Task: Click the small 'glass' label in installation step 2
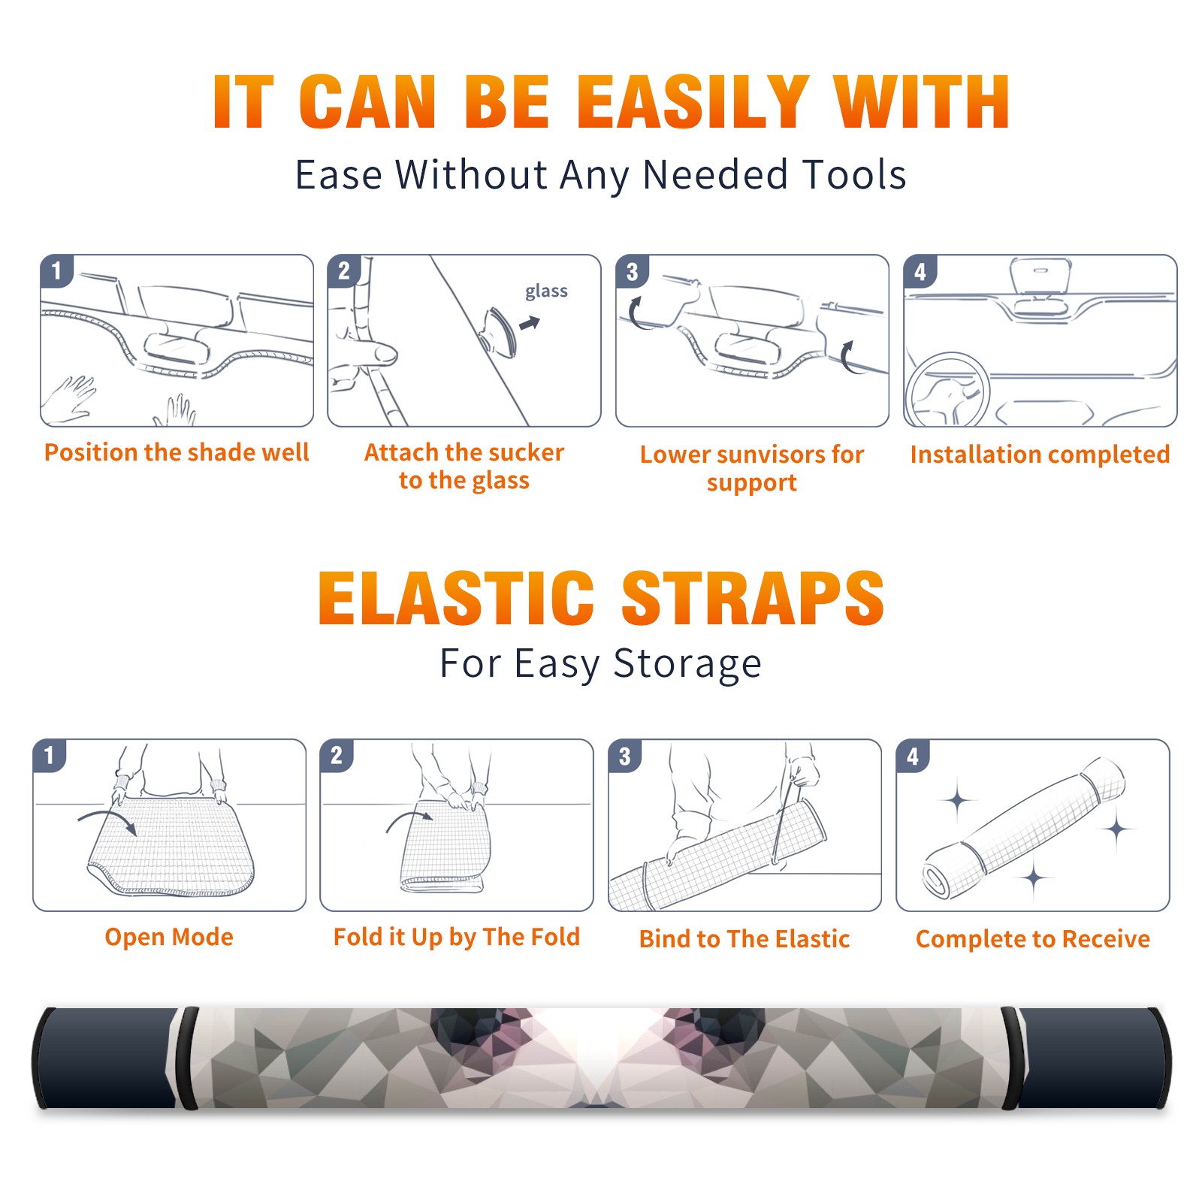point(546,291)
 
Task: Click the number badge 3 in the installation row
point(632,271)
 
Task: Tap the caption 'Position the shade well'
point(177,452)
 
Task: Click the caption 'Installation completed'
point(1040,455)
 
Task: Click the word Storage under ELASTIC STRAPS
point(687,664)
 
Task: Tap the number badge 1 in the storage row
point(50,756)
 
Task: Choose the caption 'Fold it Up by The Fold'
point(457,938)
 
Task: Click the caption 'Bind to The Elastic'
point(744,939)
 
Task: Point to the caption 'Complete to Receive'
point(1032,939)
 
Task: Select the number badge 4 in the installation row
point(920,271)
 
